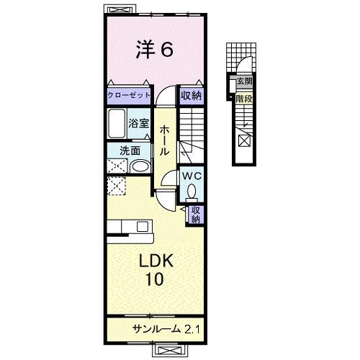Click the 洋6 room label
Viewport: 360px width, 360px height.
point(154,50)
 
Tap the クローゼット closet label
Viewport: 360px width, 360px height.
point(130,96)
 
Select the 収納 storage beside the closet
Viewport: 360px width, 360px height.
point(191,96)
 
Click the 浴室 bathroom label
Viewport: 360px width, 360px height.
point(138,124)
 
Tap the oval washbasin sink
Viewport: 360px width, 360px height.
point(140,166)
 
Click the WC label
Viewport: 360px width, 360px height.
point(191,175)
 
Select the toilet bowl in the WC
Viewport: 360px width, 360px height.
point(192,191)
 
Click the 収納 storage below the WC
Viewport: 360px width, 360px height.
point(195,214)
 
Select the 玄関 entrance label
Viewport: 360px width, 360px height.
point(244,82)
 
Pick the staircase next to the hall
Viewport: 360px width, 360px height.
point(193,133)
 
